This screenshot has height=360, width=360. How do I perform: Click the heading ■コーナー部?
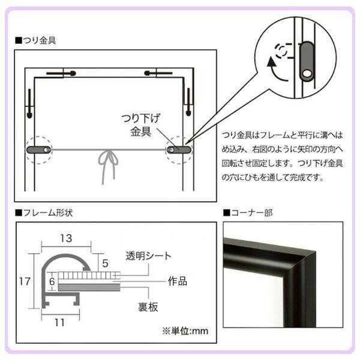tap(248, 212)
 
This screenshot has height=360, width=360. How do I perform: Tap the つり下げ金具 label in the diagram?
tap(140, 124)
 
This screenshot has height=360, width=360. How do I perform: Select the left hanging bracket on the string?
tap(39, 148)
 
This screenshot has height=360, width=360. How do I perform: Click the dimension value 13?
tap(66, 238)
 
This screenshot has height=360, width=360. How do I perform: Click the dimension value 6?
tap(52, 280)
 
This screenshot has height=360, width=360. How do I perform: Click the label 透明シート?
tap(148, 256)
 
